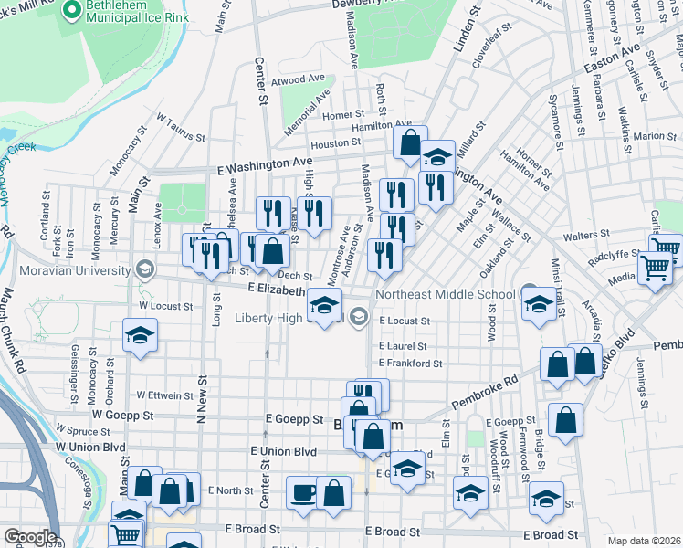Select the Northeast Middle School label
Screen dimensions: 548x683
point(445,294)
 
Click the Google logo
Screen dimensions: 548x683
point(30,537)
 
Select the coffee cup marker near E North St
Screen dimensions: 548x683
point(303,493)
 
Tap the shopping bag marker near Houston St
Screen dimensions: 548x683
point(410,142)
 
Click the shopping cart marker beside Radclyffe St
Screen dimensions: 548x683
point(656,269)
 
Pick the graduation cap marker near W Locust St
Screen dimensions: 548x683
point(141,335)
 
